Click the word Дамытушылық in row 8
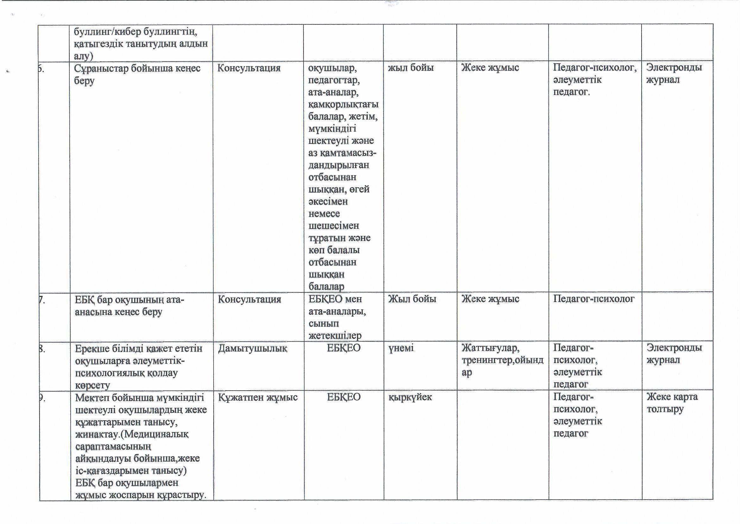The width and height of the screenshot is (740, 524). pyautogui.click(x=252, y=348)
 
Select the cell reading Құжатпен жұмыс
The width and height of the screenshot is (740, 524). pyautogui.click(x=258, y=397)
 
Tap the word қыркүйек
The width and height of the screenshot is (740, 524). pyautogui.click(x=410, y=397)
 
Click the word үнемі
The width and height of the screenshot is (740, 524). pyautogui.click(x=401, y=348)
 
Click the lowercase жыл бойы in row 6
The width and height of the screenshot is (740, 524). pyautogui.click(x=411, y=68)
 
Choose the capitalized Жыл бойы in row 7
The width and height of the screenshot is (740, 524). pyautogui.click(x=412, y=299)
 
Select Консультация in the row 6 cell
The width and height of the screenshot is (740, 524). pyautogui.click(x=249, y=68)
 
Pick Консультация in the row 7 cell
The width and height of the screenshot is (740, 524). pyautogui.click(x=249, y=299)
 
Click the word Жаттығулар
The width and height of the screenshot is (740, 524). pyautogui.click(x=490, y=348)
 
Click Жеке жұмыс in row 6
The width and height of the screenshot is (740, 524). pyautogui.click(x=490, y=68)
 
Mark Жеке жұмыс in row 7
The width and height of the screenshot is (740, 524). pyautogui.click(x=490, y=299)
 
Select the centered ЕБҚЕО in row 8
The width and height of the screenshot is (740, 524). pyautogui.click(x=344, y=348)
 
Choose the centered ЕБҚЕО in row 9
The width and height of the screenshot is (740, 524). pyautogui.click(x=344, y=397)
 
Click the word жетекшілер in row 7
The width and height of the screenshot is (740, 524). pyautogui.click(x=335, y=336)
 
